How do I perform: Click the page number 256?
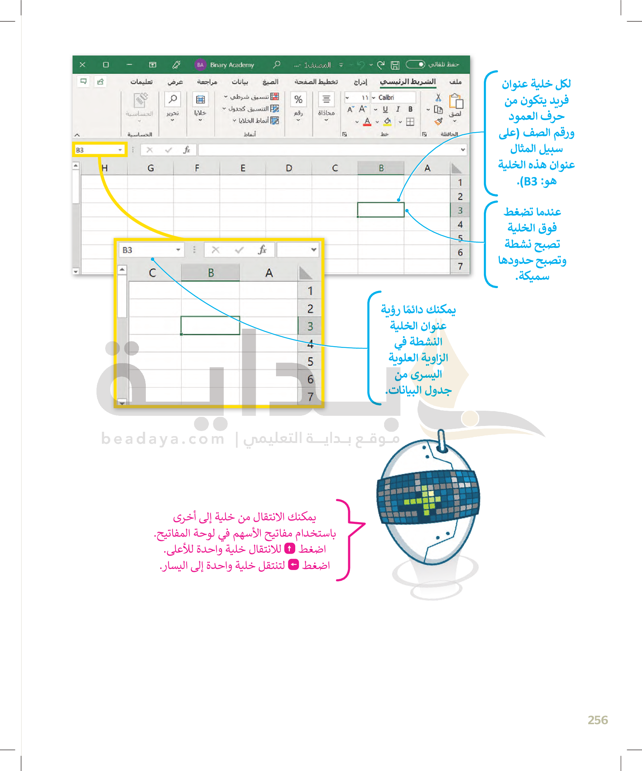597,720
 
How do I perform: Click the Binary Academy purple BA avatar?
200,65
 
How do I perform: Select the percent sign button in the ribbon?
298,99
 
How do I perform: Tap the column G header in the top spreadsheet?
151,168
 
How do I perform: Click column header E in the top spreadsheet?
243,168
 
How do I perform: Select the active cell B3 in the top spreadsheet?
380,210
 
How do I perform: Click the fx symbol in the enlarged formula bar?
262,250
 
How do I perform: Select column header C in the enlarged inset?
152,273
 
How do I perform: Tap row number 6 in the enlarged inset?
310,379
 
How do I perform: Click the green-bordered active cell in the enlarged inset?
210,326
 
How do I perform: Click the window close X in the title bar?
83,65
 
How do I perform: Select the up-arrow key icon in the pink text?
289,549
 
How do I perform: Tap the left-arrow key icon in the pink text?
293,565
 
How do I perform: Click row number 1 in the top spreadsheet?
460,183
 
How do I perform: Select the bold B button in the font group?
410,109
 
